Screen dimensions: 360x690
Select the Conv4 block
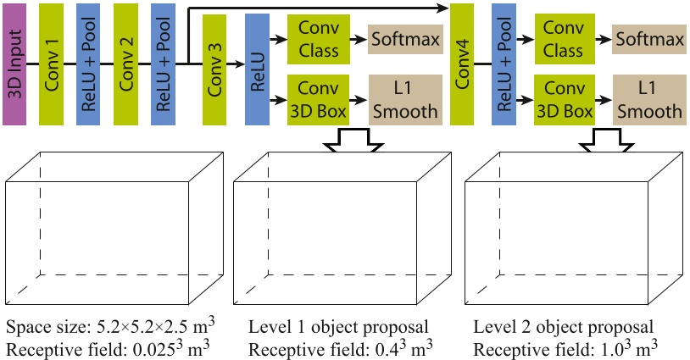[x=462, y=64]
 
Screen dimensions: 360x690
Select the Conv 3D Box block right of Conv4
[x=562, y=100]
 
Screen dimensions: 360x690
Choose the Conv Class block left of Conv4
[x=318, y=39]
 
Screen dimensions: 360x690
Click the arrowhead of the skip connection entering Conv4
[x=443, y=8]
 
